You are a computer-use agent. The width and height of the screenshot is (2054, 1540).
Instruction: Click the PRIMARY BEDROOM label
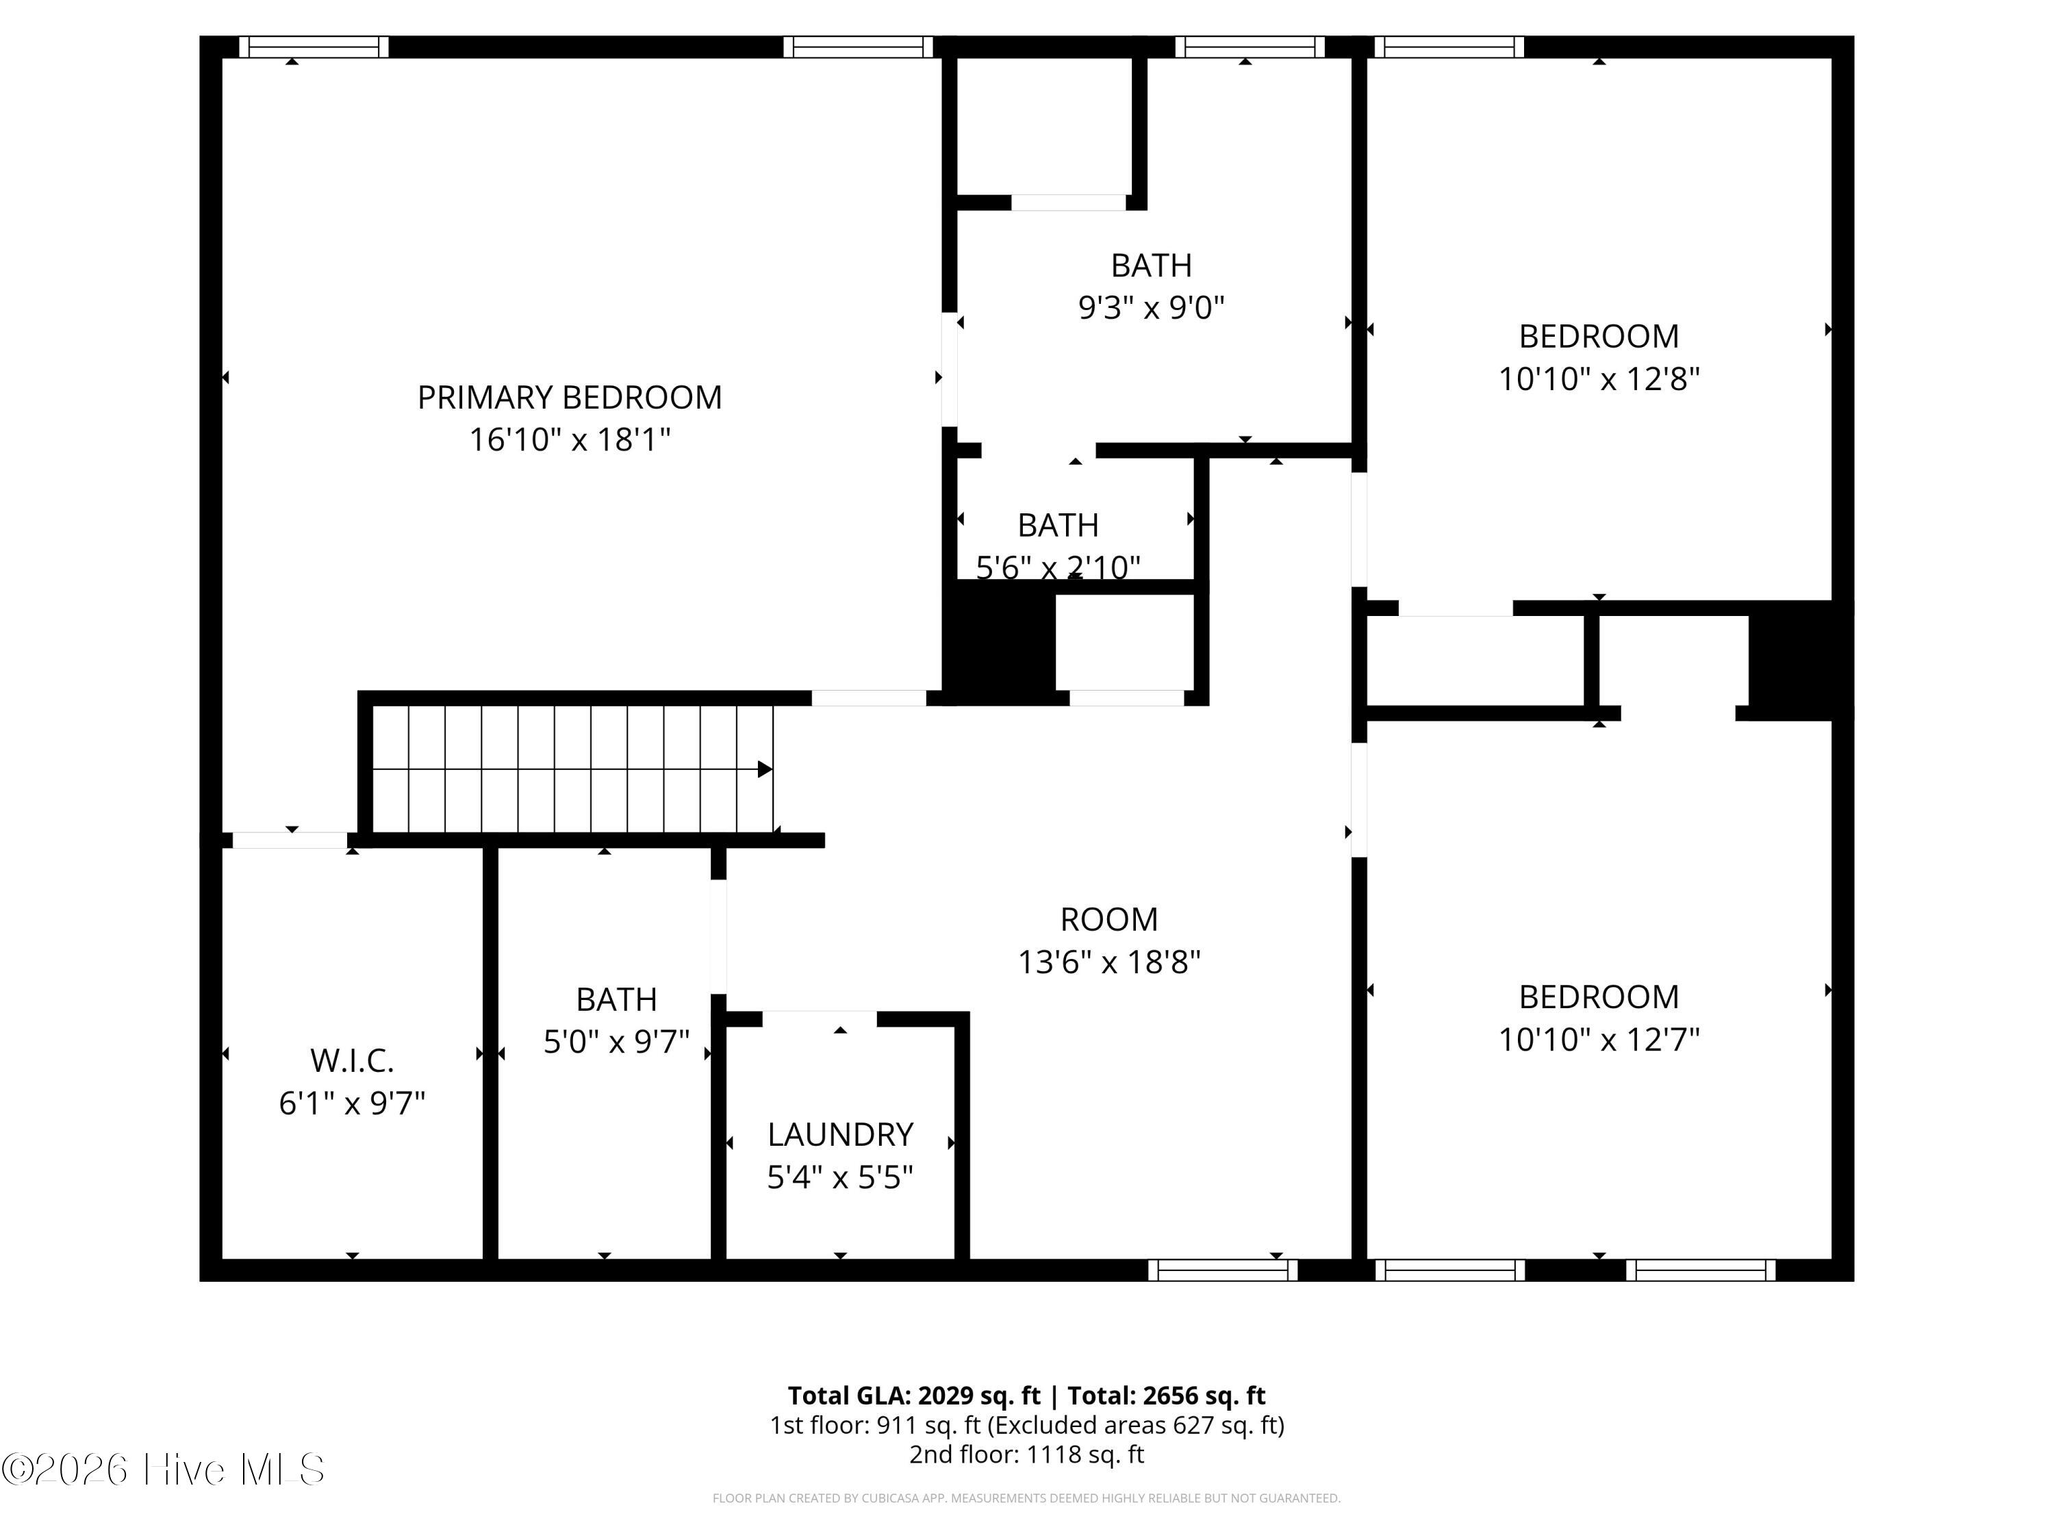click(x=569, y=397)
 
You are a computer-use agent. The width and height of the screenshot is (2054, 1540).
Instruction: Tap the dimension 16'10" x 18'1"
click(x=569, y=439)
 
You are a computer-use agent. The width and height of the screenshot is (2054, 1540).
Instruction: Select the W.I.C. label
click(x=352, y=1060)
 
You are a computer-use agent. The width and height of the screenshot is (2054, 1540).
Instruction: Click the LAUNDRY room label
click(x=840, y=1134)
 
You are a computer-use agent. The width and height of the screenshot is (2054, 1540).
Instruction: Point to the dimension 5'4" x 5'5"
click(x=840, y=1177)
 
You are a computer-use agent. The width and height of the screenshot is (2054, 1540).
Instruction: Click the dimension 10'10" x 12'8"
click(x=1599, y=378)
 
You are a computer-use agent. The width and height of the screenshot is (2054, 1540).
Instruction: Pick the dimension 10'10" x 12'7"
click(x=1599, y=1039)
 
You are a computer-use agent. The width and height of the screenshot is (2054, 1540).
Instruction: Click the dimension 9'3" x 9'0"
click(x=1152, y=307)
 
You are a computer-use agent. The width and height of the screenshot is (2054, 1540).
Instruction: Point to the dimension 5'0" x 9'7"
click(x=617, y=1042)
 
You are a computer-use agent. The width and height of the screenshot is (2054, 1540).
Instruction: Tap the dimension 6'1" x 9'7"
click(x=352, y=1103)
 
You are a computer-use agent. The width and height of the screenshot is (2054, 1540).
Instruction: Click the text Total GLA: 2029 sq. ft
click(x=914, y=1395)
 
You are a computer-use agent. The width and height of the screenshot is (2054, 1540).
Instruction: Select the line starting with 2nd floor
click(x=1026, y=1454)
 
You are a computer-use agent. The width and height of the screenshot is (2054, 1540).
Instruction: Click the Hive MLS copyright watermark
click(x=164, y=1470)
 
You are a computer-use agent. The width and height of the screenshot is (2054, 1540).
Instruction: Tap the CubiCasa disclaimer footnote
click(x=1026, y=1498)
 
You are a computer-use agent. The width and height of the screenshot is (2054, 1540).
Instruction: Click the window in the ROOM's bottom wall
click(x=1223, y=1270)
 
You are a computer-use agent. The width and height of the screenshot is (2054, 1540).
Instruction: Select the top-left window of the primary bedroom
click(x=314, y=47)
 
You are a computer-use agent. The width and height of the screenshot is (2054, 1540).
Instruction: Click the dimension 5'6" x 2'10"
click(x=1058, y=566)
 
